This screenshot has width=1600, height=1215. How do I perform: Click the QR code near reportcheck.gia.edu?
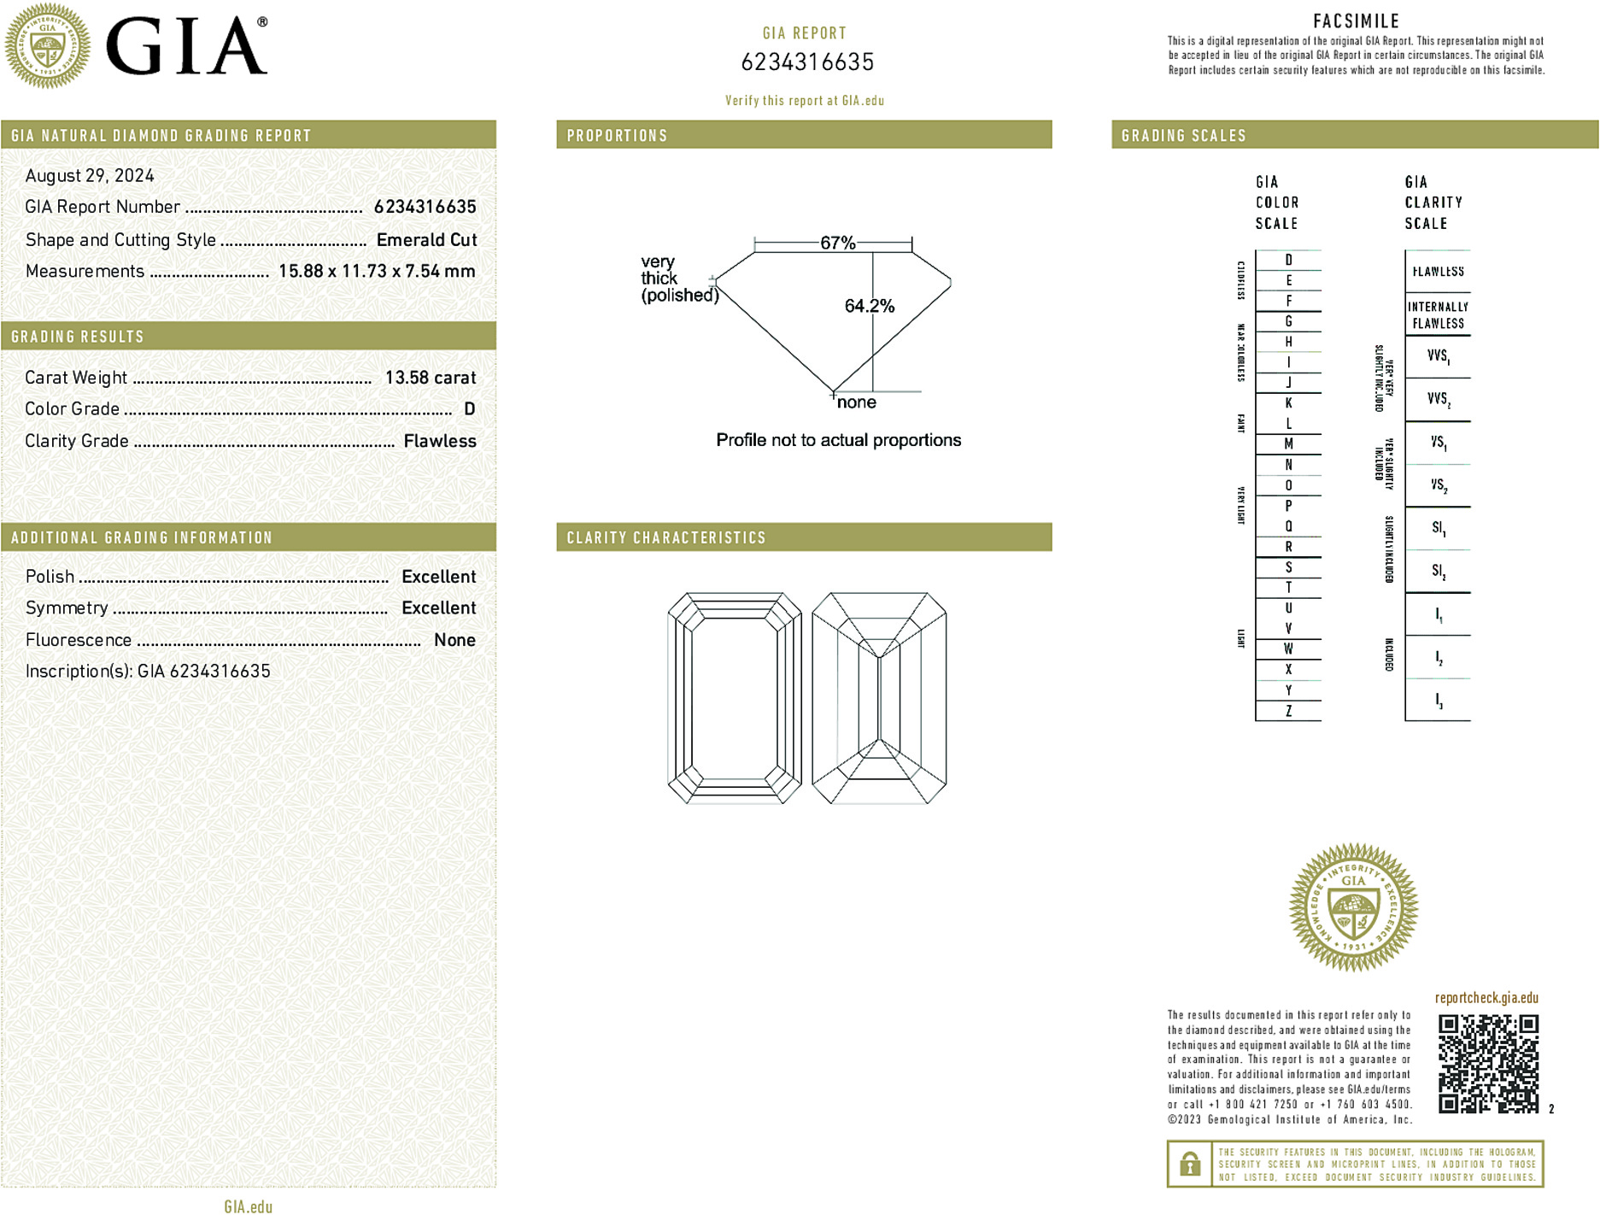(1488, 1064)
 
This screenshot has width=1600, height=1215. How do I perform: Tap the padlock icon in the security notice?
(1189, 1164)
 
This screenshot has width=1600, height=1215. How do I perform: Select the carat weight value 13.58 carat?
(430, 378)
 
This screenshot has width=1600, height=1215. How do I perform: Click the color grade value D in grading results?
(469, 409)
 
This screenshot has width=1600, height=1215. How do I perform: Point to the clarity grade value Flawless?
(440, 441)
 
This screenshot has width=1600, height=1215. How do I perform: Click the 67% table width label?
(837, 243)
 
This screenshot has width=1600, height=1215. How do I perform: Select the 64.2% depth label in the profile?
(869, 306)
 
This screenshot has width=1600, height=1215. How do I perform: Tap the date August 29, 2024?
(90, 176)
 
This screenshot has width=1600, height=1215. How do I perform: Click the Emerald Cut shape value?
(426, 240)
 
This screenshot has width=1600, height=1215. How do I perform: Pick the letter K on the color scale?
(1288, 403)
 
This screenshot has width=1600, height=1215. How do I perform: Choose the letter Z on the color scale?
(1288, 711)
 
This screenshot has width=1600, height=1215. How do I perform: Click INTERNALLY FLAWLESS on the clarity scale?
(1438, 315)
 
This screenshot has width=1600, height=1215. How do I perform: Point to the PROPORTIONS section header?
(617, 136)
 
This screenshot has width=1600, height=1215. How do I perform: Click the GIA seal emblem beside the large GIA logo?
(48, 46)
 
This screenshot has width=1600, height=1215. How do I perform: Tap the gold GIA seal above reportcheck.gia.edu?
(1353, 907)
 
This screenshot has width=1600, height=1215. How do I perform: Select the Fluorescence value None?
(454, 640)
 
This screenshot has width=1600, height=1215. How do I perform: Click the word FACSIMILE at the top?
(1356, 21)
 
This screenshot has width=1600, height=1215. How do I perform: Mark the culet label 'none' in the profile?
(856, 402)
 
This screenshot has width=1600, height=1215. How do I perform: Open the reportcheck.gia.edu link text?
(1486, 998)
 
